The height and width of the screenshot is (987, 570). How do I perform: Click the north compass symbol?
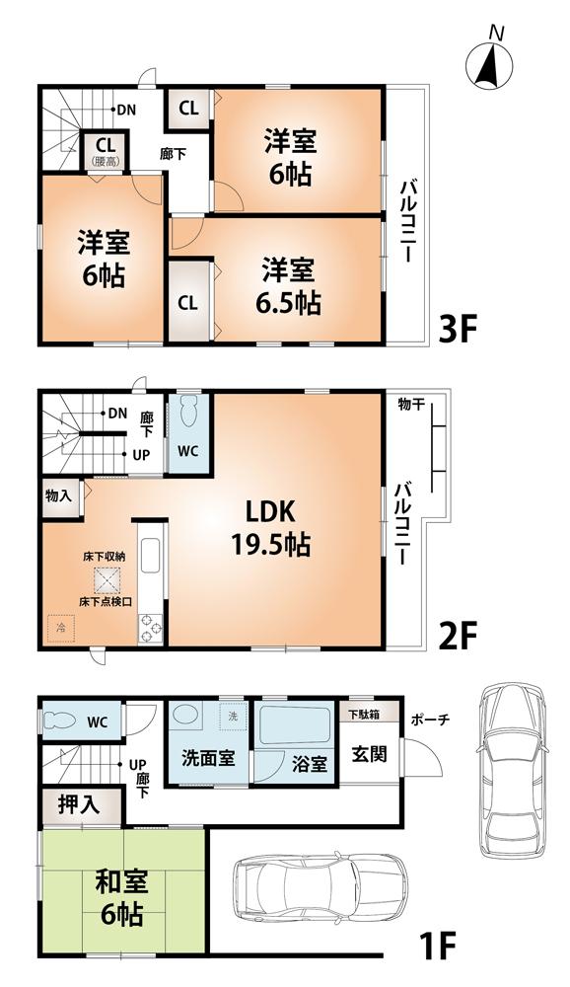pyautogui.click(x=490, y=62)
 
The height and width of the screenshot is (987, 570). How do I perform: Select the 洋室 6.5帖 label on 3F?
pyautogui.click(x=288, y=285)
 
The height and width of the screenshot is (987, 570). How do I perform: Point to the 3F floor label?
pyautogui.click(x=458, y=328)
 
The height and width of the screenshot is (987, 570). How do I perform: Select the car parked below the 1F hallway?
pyautogui.click(x=320, y=890)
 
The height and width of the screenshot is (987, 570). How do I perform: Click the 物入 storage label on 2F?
pyautogui.click(x=58, y=495)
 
